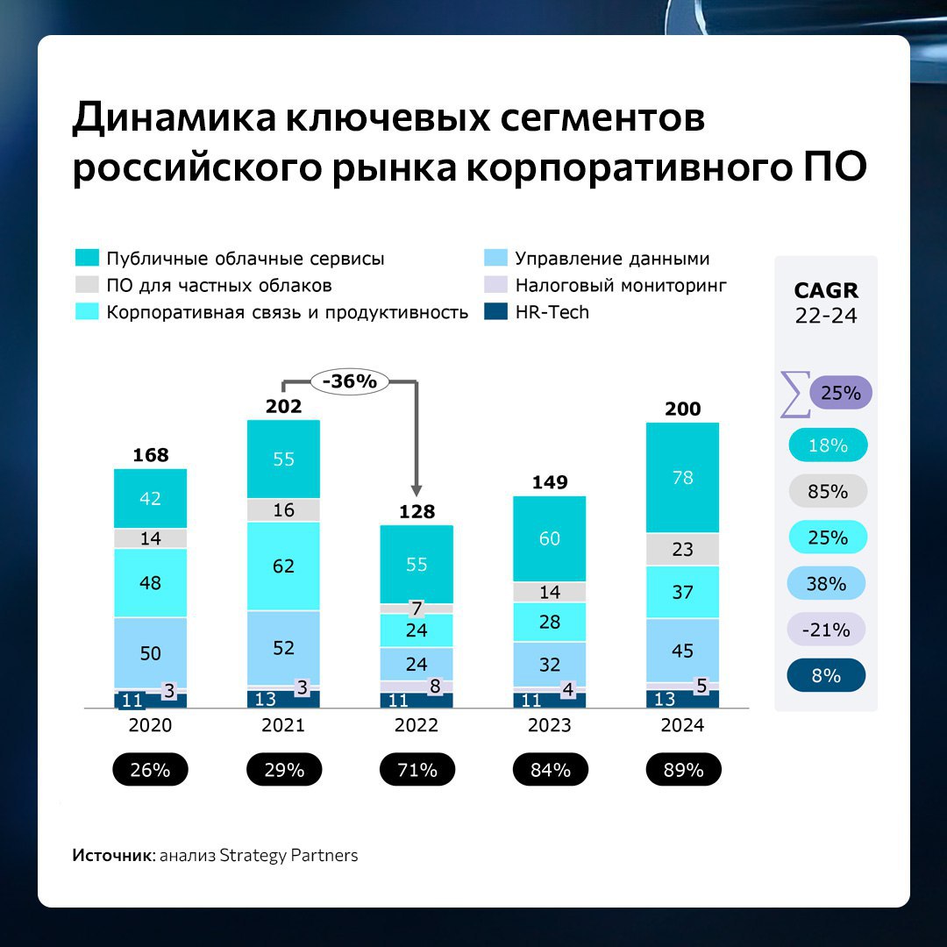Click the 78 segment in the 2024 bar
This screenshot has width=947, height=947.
click(x=682, y=478)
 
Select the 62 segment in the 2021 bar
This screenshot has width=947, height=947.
click(x=283, y=566)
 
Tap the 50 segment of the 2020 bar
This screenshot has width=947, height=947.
click(x=151, y=652)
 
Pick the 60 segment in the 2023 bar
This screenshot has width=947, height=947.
click(x=550, y=538)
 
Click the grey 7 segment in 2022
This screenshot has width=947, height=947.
click(x=417, y=608)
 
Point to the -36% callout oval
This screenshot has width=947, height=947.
click(x=349, y=381)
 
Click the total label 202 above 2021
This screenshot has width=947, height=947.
click(x=283, y=406)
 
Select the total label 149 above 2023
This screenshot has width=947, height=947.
click(x=550, y=482)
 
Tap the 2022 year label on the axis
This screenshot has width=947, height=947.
click(x=417, y=726)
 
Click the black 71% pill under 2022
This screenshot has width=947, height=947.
click(x=417, y=770)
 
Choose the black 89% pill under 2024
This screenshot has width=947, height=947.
click(x=683, y=770)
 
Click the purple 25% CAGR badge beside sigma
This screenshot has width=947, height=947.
click(x=841, y=394)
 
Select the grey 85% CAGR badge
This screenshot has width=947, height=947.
click(x=828, y=492)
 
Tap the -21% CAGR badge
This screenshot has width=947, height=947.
click(x=827, y=630)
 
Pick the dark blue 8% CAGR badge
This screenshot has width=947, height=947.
click(x=827, y=676)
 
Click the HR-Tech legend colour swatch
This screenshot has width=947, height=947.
click(x=495, y=312)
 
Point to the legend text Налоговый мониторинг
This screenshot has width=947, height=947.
click(x=621, y=285)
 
